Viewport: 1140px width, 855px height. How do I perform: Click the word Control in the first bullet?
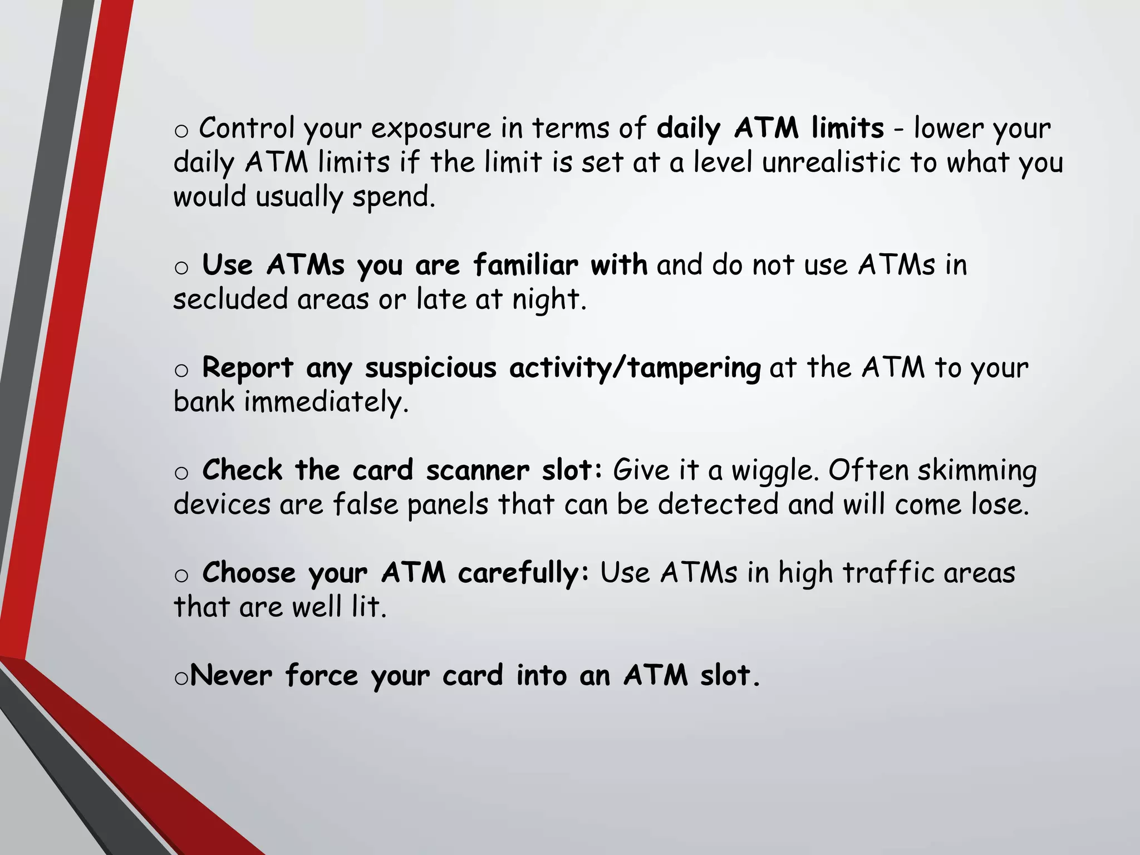click(x=247, y=128)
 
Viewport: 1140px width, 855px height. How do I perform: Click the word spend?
click(x=394, y=198)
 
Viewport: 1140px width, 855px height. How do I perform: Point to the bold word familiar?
click(x=526, y=265)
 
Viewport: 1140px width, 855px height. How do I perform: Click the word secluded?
click(x=229, y=299)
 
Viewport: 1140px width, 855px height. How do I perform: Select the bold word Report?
click(x=247, y=368)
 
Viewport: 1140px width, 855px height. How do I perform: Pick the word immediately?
click(x=326, y=402)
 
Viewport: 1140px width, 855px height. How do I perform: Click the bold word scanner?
click(x=477, y=470)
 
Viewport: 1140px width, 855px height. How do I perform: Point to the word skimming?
click(x=977, y=471)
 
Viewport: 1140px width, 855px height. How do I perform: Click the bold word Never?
click(x=231, y=676)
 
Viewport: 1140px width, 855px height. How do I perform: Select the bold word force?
click(x=322, y=676)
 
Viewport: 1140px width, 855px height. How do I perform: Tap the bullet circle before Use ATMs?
click(x=181, y=268)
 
